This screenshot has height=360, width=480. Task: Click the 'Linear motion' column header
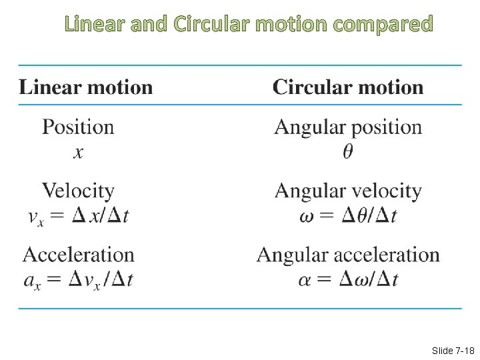(86, 87)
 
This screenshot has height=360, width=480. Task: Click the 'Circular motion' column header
(348, 87)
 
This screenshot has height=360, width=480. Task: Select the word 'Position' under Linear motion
(78, 127)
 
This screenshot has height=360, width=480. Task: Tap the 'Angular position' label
(348, 127)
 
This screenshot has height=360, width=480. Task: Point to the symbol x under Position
(79, 153)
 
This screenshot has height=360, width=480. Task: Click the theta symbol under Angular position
(348, 153)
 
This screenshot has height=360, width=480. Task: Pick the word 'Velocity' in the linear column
(78, 191)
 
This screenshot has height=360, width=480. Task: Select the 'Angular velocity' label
(348, 191)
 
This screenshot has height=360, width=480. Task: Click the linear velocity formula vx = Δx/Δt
(79, 215)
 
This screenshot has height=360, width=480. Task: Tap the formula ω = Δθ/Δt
(348, 215)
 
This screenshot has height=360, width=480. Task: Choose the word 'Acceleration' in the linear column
(79, 255)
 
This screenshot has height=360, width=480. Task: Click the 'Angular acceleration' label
(348, 255)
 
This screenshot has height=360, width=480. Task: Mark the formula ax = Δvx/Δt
(79, 279)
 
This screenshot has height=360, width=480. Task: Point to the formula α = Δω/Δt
(348, 279)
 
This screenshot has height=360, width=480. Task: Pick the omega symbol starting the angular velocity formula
(308, 216)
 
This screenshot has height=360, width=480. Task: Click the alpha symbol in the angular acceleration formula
(306, 280)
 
